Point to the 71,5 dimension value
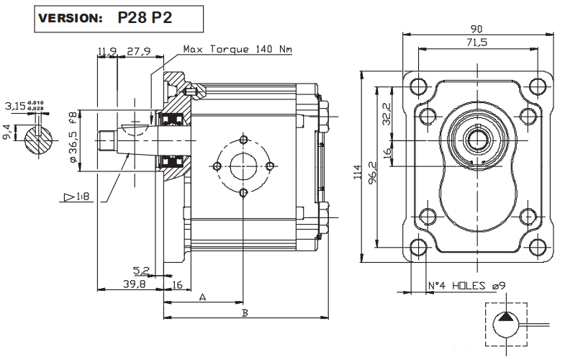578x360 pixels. [x=476, y=43]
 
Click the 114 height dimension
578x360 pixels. [x=358, y=173]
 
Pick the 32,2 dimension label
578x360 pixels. [x=386, y=114]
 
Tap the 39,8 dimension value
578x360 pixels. [x=133, y=284]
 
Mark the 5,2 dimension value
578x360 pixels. [x=140, y=271]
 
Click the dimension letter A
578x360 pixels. [x=202, y=297]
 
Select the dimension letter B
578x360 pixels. [x=245, y=312]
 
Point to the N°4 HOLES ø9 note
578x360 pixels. [x=466, y=285]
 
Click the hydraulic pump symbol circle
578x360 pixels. [x=505, y=325]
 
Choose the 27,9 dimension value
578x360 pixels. [x=138, y=50]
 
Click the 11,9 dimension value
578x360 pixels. [x=107, y=50]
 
